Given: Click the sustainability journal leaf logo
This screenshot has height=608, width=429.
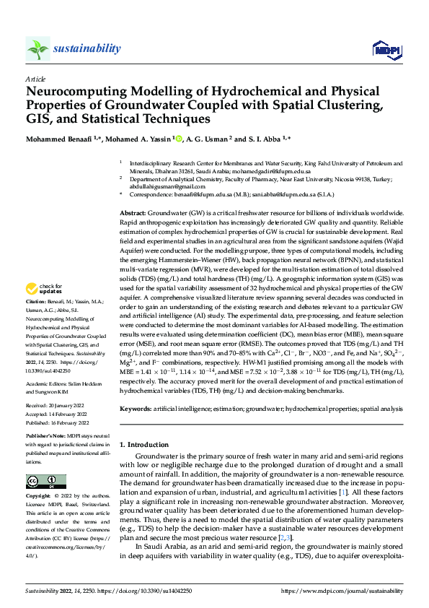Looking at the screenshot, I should click(37, 48).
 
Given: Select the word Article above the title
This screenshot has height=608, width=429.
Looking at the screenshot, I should click(35, 79).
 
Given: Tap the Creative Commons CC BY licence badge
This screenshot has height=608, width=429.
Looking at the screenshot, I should click(43, 482).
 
